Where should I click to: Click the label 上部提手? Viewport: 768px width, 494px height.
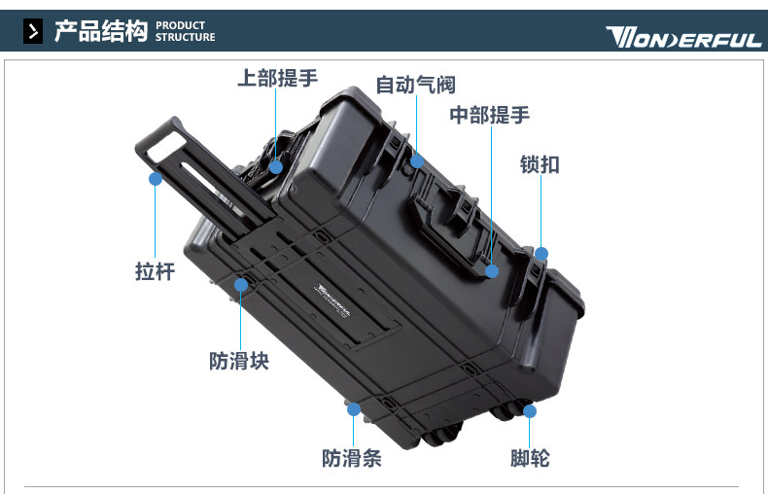[278, 78]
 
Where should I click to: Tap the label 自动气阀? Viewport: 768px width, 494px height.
[415, 85]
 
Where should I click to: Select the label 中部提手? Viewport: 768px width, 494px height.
[490, 115]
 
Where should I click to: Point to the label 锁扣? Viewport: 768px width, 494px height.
[540, 164]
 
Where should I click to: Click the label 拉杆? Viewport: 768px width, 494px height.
[155, 271]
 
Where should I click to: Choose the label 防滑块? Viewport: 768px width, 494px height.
[239, 361]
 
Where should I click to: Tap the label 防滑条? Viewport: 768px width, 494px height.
[352, 459]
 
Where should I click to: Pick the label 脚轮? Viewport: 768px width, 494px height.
[530, 459]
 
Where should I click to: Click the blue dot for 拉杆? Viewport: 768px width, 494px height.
[156, 179]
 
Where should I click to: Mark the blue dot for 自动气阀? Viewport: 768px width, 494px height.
[417, 161]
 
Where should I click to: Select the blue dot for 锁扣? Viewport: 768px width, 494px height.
[541, 254]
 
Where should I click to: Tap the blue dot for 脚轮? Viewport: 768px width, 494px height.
[530, 410]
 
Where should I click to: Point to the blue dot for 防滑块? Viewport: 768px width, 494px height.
[241, 285]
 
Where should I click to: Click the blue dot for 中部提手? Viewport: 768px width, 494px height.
[492, 271]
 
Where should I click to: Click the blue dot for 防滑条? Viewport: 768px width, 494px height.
[354, 408]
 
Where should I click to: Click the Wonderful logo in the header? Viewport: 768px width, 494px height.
[683, 37]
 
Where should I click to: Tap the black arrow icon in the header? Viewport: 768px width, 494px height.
[33, 31]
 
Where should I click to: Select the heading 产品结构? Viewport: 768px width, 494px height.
[100, 31]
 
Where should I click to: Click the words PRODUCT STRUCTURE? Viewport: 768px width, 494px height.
[185, 31]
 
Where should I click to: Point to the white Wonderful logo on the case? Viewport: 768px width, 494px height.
[333, 300]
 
